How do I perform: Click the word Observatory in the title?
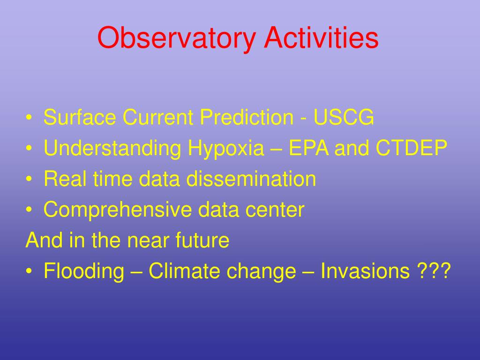(176, 38)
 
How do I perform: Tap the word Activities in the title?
(321, 37)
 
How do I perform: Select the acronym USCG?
(344, 117)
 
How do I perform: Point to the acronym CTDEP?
(412, 148)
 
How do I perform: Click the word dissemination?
(251, 179)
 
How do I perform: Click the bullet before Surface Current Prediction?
(29, 118)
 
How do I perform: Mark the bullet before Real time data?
(29, 179)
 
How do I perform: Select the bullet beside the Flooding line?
(29, 271)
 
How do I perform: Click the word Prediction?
(247, 117)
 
